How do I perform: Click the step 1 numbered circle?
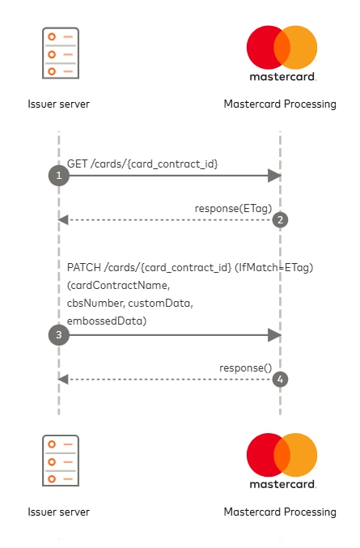pyautogui.click(x=58, y=176)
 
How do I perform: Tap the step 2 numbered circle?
pyautogui.click(x=280, y=219)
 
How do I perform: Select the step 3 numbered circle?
pyautogui.click(x=58, y=334)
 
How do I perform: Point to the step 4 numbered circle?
pyautogui.click(x=280, y=379)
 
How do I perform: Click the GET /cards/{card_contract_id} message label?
pyautogui.click(x=142, y=164)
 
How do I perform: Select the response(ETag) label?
pyautogui.click(x=233, y=208)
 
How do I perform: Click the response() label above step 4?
pyautogui.click(x=246, y=367)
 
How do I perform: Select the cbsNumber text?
pyautogui.click(x=95, y=304)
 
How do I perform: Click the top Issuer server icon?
pyautogui.click(x=59, y=53)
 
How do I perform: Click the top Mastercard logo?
pyautogui.click(x=281, y=48)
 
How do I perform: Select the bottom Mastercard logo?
pyautogui.click(x=281, y=456)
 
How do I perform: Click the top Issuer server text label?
pyautogui.click(x=58, y=104)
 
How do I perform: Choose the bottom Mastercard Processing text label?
pyautogui.click(x=280, y=512)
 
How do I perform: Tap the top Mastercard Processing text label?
pyautogui.click(x=280, y=104)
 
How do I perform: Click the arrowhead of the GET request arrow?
pyautogui.click(x=275, y=176)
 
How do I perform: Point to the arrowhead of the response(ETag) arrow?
pyautogui.click(x=63, y=219)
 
